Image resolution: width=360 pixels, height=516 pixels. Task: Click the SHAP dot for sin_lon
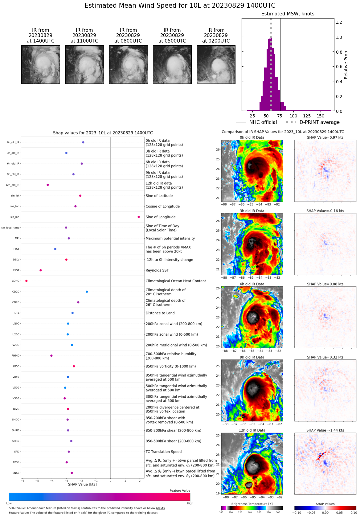[139, 217]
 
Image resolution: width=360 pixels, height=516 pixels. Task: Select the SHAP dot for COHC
[27, 281]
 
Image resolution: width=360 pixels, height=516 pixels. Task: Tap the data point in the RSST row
[41, 270]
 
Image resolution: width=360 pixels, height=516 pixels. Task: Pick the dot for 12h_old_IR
[48, 185]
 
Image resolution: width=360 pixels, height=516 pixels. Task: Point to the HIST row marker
[55, 249]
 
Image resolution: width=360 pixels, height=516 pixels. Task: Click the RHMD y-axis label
[15, 356]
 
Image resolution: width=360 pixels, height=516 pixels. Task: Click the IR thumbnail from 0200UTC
[216, 64]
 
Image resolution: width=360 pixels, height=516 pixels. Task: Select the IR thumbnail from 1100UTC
[84, 64]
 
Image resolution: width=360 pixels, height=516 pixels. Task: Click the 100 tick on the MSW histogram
[293, 116]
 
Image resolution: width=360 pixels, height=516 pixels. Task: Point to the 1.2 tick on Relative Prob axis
[339, 22]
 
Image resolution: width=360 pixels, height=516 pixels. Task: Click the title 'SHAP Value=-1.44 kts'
[325, 430]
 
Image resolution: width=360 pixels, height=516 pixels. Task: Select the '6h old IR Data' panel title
[252, 284]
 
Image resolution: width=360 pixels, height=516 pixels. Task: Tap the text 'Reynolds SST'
[157, 270]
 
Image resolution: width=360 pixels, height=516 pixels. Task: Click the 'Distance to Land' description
[160, 313]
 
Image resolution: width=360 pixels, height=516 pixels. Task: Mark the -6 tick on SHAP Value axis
[22, 481]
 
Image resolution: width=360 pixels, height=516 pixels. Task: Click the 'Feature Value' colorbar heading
[180, 491]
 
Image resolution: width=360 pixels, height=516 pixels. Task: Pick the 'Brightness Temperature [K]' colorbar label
[252, 504]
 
